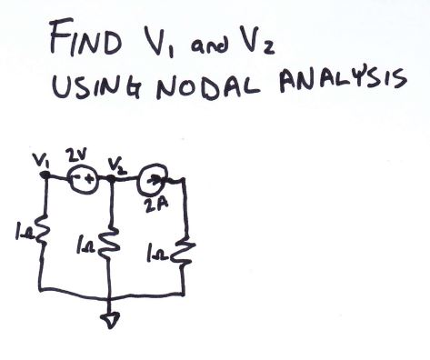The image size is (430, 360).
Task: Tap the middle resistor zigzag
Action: (x=109, y=245)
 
